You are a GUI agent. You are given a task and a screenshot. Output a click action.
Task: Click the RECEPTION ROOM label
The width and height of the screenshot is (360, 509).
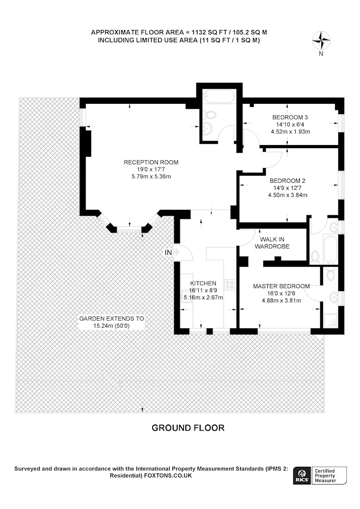151,162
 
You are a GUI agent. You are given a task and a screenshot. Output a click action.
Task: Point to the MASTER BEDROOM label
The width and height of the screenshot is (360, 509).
281,286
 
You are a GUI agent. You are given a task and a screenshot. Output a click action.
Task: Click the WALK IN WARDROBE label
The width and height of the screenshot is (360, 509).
272,243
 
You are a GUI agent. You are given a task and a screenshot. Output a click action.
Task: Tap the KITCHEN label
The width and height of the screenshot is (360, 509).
203,284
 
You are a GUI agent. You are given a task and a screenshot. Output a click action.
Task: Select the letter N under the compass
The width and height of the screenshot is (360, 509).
321,54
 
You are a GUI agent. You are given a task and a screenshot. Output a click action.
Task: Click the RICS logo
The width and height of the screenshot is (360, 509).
302,475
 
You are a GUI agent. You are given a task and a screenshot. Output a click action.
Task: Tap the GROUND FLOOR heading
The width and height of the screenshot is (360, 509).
188,428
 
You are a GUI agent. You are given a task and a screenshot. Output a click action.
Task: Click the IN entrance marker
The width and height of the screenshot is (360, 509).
169,252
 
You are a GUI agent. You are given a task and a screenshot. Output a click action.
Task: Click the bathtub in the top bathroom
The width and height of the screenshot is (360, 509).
218,96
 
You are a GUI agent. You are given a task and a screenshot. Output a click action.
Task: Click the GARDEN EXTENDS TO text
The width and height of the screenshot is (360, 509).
112,319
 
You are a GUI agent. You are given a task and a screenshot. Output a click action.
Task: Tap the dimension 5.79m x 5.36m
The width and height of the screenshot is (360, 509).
151,177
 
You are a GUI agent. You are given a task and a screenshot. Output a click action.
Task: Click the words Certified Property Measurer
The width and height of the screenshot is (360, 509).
325,475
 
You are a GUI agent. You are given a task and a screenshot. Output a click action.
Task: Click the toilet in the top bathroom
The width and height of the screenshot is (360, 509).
211,115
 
